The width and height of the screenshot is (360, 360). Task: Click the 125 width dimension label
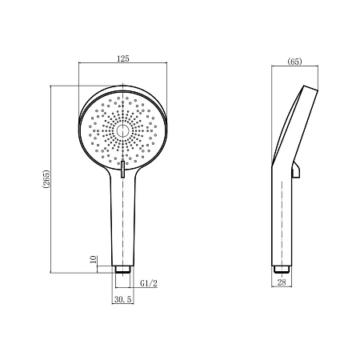click(123, 58)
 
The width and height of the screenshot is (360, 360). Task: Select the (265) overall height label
click(46, 178)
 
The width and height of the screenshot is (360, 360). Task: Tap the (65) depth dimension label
click(294, 62)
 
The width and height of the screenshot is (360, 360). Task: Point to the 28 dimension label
click(282, 282)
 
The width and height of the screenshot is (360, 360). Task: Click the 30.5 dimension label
click(123, 299)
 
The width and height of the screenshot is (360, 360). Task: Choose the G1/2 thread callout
click(149, 283)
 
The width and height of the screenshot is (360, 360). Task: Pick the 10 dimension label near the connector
click(94, 259)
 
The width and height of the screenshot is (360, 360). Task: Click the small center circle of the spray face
click(123, 130)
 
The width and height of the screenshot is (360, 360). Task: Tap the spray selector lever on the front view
click(122, 169)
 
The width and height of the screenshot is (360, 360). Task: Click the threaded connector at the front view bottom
click(123, 269)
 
